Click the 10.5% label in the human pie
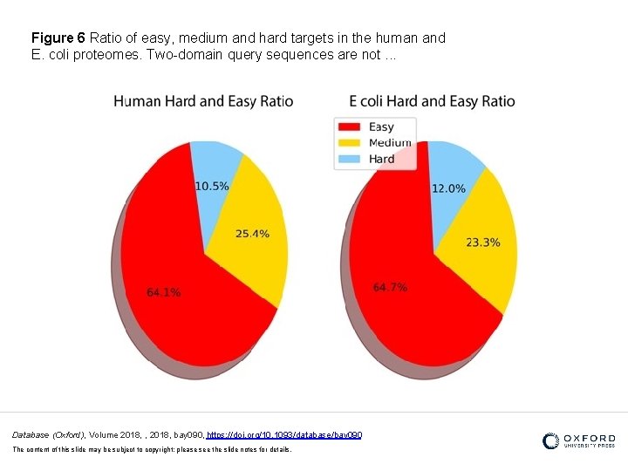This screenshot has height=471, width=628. coord(212,186)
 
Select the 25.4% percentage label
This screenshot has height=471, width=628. coord(252,234)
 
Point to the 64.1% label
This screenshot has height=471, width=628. coord(164,293)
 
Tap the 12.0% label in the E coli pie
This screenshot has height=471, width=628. coord(448,188)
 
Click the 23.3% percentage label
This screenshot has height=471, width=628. coord(483,242)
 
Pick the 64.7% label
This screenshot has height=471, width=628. coord(390,288)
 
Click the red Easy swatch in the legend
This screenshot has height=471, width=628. coord(349,127)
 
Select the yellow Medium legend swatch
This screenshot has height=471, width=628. coord(349,143)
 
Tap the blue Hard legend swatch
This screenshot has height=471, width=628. coord(349,159)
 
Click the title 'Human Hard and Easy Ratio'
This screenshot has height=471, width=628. coord(203,101)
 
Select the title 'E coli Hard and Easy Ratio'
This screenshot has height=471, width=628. coord(432,101)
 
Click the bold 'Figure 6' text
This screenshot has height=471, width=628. coord(58,38)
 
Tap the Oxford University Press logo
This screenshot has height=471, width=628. coord(578,441)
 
